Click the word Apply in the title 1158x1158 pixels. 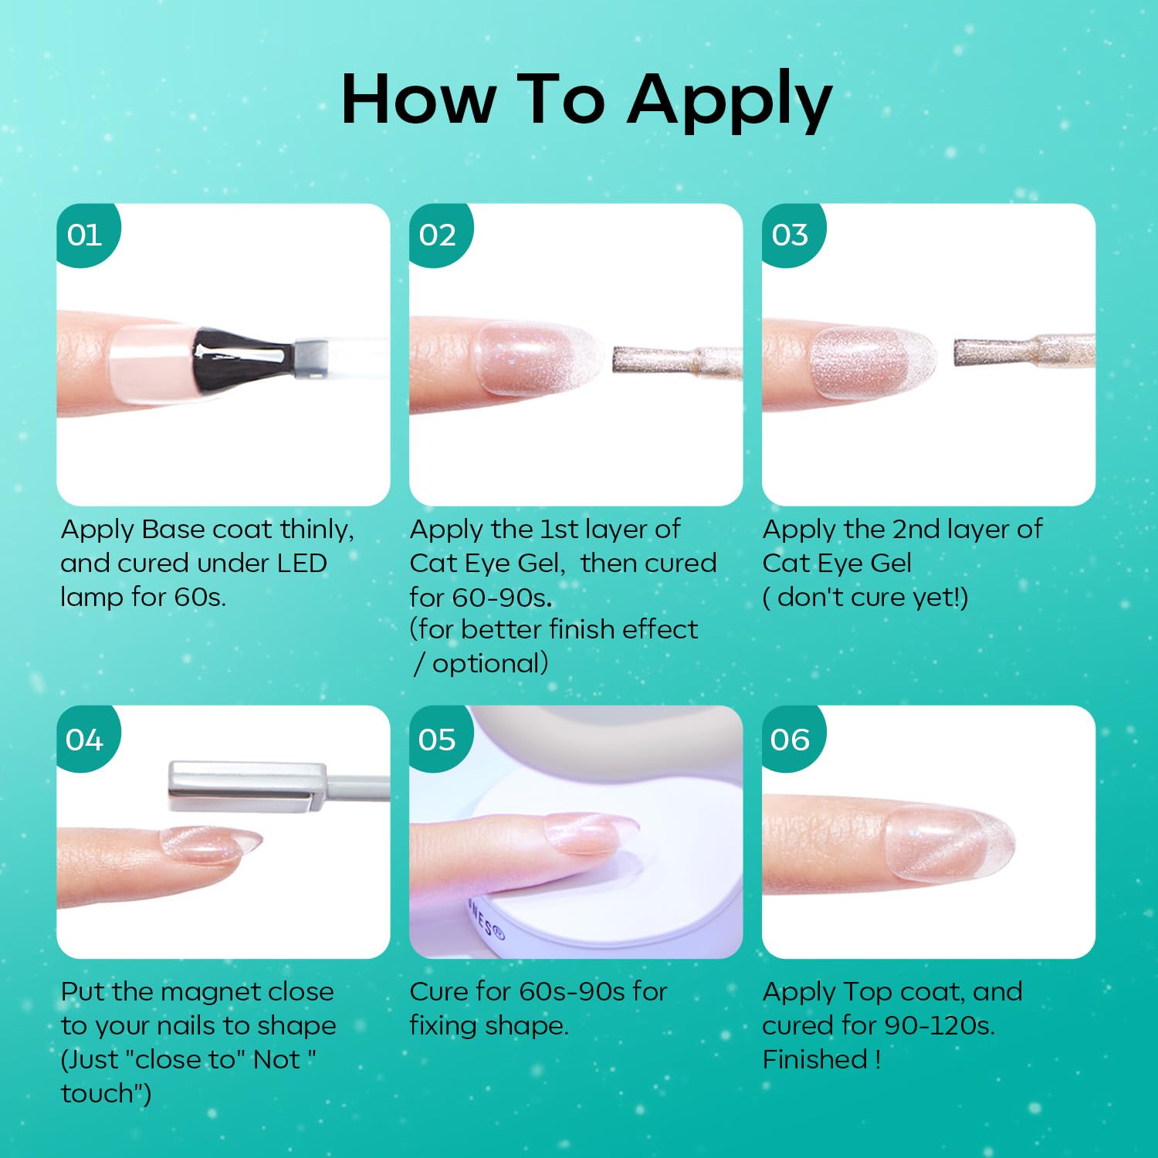(x=730, y=101)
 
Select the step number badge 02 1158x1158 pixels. (x=438, y=234)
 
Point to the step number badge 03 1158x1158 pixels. (x=791, y=234)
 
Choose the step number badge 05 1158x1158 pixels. (x=438, y=739)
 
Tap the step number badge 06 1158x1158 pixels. (x=791, y=739)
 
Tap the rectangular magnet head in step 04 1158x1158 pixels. (x=247, y=786)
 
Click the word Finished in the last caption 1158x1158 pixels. (x=815, y=1060)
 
